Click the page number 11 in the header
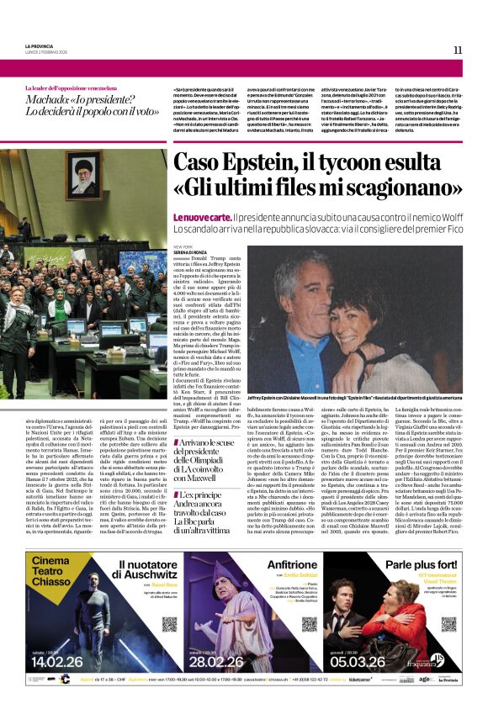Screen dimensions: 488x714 [x=457, y=50]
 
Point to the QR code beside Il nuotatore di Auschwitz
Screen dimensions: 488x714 [x=159, y=624]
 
